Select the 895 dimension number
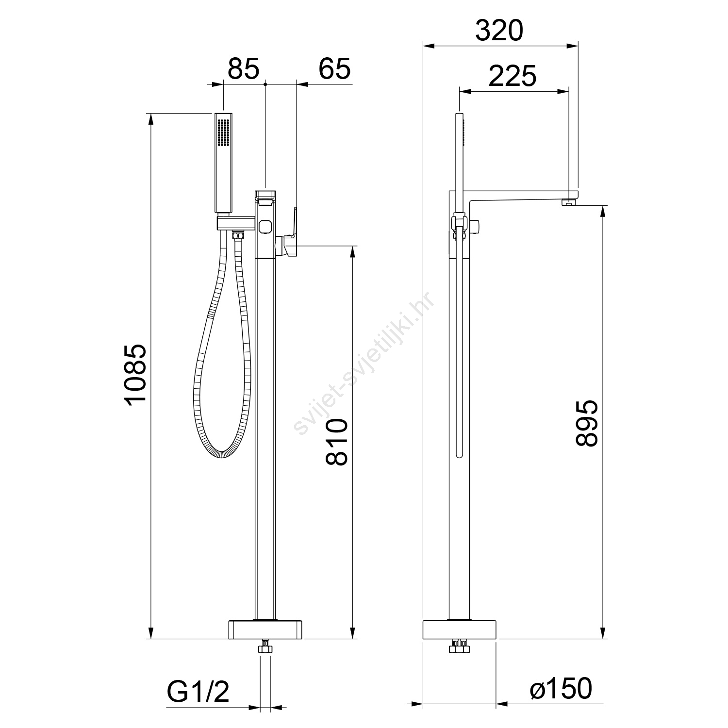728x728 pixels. pyautogui.click(x=587, y=423)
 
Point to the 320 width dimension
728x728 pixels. pyautogui.click(x=499, y=31)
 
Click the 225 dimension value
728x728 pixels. pyautogui.click(x=512, y=76)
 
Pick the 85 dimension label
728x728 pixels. pyautogui.click(x=244, y=69)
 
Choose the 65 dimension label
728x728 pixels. pyautogui.click(x=334, y=69)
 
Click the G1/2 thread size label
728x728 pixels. pyautogui.click(x=198, y=692)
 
